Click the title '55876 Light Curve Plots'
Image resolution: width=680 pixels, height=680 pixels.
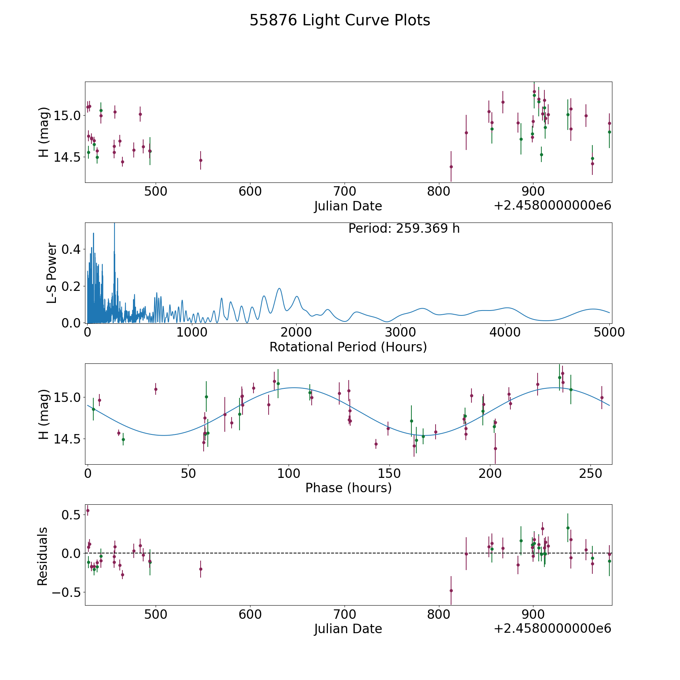pyautogui.click(x=340, y=20)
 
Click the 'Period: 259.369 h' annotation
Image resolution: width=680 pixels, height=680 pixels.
pyautogui.click(x=404, y=229)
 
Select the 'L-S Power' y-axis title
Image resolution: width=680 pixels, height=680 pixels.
pyautogui.click(x=52, y=273)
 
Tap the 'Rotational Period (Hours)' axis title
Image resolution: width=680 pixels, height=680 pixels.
pyautogui.click(x=348, y=347)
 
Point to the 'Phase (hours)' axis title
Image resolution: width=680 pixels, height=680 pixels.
pyautogui.click(x=348, y=488)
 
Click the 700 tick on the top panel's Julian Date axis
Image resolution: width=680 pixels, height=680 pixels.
pyautogui.click(x=345, y=192)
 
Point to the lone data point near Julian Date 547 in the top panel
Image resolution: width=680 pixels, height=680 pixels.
pyautogui.click(x=201, y=160)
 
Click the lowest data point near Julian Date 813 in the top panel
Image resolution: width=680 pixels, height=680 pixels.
pyautogui.click(x=451, y=167)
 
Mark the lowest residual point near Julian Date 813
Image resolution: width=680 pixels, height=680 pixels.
pyautogui.click(x=451, y=590)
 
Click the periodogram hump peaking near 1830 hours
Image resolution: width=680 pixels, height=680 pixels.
pyautogui.click(x=279, y=289)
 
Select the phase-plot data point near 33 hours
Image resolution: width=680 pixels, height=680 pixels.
pyautogui.click(x=156, y=389)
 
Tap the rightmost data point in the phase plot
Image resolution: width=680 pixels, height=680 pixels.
pyautogui.click(x=602, y=397)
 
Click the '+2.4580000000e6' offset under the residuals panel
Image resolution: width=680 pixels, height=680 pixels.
pyautogui.click(x=552, y=629)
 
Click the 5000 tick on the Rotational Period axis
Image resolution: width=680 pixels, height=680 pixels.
pyautogui.click(x=609, y=332)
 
